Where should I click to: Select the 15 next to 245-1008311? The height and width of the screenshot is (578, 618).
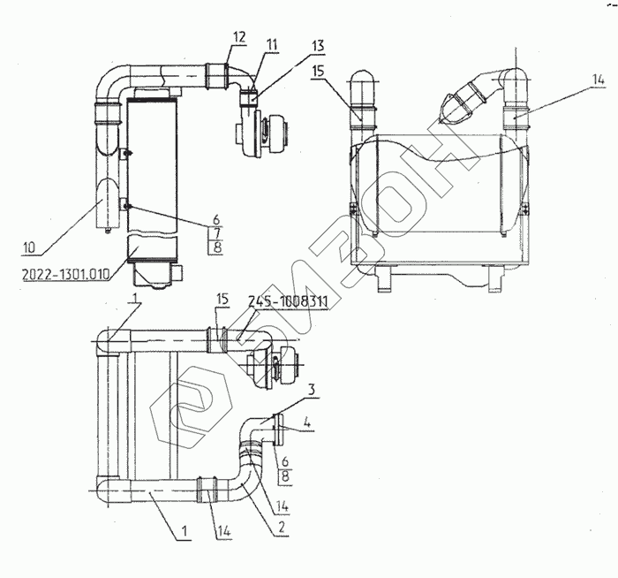pos(222,301)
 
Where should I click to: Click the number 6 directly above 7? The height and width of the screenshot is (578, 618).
pos(215,219)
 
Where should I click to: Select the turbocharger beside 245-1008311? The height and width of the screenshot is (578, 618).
pos(277,369)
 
